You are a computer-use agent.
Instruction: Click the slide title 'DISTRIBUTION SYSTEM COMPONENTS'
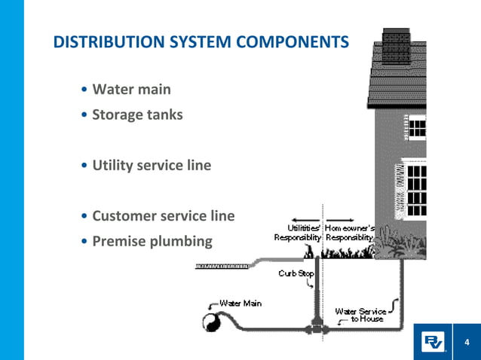pos(201,42)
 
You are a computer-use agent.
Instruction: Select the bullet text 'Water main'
pos(131,90)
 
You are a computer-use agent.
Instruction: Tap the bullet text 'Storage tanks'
pos(137,115)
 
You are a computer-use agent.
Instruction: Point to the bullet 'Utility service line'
pos(152,165)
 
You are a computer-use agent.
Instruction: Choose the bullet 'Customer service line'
pos(163,216)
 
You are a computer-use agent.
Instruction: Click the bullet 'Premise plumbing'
pos(152,242)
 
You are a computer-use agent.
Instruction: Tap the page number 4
pos(467,343)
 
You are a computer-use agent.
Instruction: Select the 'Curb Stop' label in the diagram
pos(296,273)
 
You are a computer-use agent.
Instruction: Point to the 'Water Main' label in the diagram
pos(240,303)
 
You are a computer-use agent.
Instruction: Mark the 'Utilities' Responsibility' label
pos(298,231)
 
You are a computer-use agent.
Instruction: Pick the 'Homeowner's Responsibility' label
pos(350,231)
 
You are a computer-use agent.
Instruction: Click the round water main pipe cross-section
pos(210,322)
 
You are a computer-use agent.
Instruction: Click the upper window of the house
pos(416,126)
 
